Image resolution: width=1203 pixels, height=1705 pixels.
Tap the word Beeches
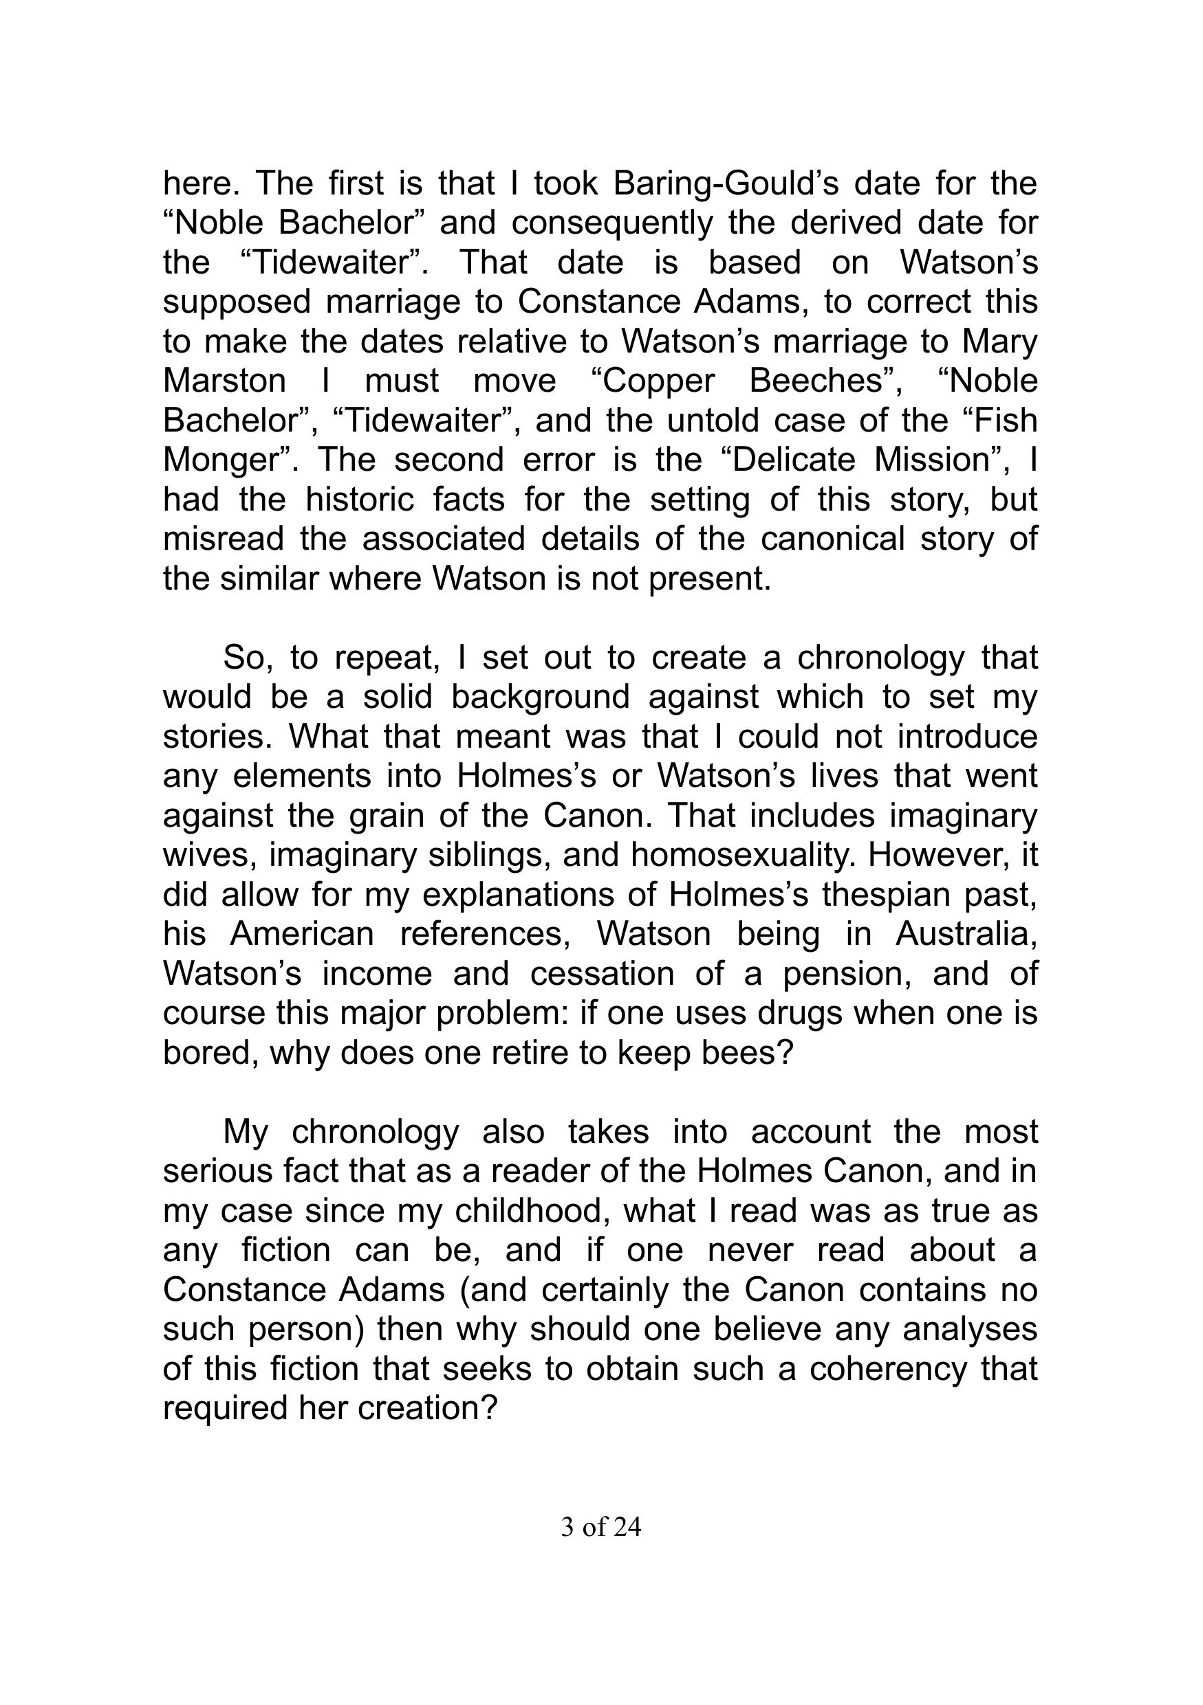(x=820, y=380)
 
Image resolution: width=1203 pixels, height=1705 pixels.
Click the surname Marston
(x=224, y=380)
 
